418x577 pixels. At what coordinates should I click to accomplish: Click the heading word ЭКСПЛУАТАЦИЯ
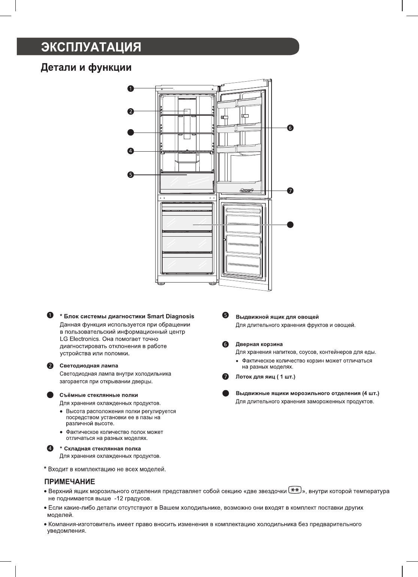[91, 48]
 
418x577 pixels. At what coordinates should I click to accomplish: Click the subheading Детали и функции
[86, 68]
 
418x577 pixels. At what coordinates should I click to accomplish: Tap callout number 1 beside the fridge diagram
[130, 88]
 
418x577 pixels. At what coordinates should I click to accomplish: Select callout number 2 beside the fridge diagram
[130, 111]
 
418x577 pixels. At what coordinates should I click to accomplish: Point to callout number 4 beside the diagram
[130, 151]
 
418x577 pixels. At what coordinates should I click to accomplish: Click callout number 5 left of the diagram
[130, 174]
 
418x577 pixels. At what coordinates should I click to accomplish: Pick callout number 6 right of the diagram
[290, 128]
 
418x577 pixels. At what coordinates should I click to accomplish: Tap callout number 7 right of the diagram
[290, 191]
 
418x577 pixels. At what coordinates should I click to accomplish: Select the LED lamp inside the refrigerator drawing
[187, 112]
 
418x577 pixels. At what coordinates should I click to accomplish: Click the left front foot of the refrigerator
[161, 284]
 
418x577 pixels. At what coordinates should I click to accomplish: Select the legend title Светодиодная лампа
[89, 365]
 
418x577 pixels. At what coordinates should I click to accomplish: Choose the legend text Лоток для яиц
[255, 376]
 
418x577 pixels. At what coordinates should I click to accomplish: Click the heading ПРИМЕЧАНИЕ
[70, 481]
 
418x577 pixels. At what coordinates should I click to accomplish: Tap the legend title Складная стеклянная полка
[102, 449]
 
